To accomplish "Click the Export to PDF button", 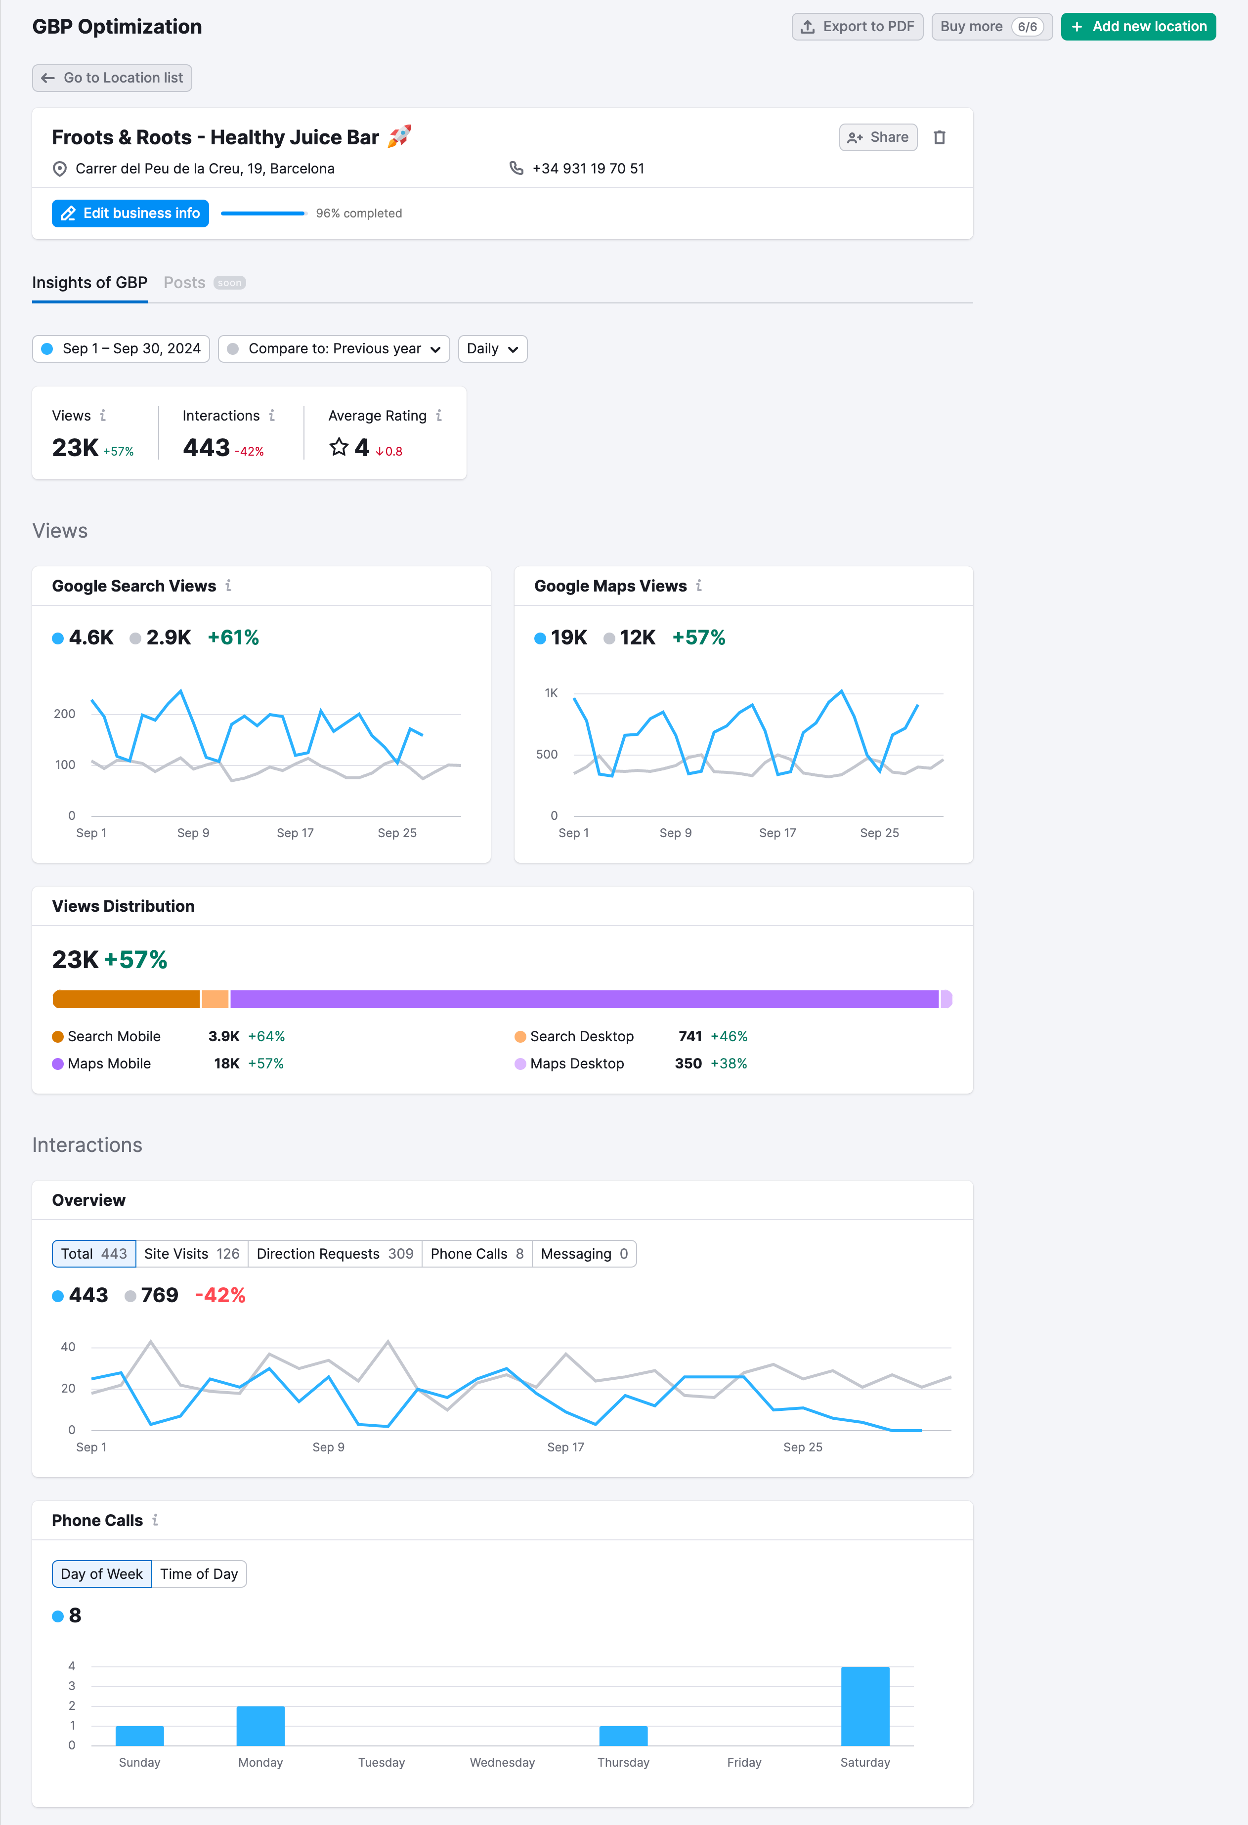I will point(857,27).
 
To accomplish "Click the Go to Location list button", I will point(112,78).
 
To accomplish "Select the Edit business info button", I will point(130,213).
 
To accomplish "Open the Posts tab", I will point(184,283).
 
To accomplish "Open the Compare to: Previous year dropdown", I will point(334,349).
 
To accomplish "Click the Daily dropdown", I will point(492,349).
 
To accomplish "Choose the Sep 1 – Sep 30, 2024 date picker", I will point(121,349).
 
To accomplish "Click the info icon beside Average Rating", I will point(439,416).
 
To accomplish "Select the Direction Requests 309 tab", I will point(335,1253).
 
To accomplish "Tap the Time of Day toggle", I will point(199,1573).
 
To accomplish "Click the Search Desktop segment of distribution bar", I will point(215,999).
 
